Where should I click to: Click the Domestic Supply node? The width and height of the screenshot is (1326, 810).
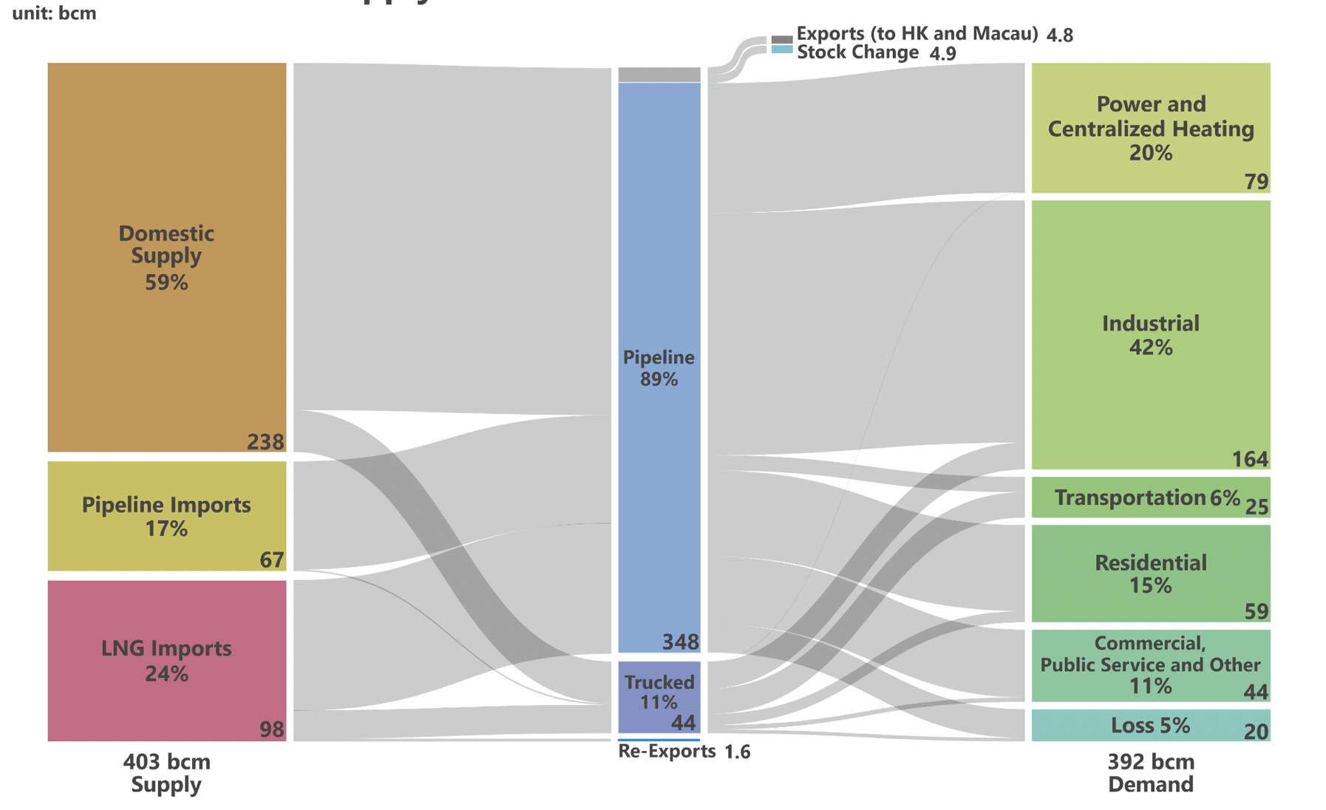click(x=166, y=256)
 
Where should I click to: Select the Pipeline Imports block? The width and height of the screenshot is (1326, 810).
click(x=166, y=516)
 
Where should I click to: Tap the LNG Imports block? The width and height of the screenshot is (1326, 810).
click(x=166, y=660)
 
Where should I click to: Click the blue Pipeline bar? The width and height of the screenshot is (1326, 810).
click(x=659, y=367)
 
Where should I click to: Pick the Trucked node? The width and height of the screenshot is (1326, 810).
click(x=659, y=696)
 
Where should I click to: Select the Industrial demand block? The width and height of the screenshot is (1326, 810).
click(x=1150, y=334)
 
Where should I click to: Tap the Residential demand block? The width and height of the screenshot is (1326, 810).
click(x=1150, y=573)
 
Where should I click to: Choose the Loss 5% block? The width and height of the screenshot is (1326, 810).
click(x=1150, y=725)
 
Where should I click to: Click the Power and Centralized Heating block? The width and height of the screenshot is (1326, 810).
click(x=1150, y=127)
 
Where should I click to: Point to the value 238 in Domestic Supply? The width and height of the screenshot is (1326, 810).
click(x=265, y=442)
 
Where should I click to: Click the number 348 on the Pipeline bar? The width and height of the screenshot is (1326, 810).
click(x=680, y=641)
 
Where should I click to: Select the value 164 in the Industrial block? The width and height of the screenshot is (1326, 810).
click(x=1250, y=459)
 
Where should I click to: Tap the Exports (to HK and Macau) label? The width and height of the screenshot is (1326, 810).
click(x=917, y=33)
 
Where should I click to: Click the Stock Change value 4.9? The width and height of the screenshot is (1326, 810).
click(x=942, y=53)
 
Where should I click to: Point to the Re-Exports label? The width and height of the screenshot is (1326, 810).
click(x=667, y=751)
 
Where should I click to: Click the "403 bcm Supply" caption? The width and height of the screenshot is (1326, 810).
click(x=166, y=772)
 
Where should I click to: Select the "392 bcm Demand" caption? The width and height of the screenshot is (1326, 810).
click(x=1150, y=772)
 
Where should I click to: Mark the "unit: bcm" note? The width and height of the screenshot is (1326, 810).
click(x=54, y=13)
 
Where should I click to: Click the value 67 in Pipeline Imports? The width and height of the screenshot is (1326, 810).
click(x=271, y=559)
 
